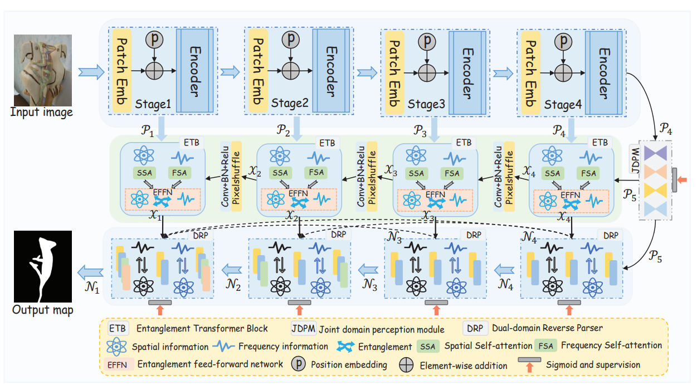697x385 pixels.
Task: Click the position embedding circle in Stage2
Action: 289,40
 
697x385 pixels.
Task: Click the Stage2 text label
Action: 289,104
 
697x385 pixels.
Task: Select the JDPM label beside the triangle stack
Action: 635,159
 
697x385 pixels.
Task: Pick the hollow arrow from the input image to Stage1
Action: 91,71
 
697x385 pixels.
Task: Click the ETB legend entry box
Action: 117,328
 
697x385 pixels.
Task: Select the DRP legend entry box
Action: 473,328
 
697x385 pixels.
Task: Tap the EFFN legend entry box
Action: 118,364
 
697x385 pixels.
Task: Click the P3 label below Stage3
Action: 420,132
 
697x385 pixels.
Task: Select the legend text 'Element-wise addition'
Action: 463,365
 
